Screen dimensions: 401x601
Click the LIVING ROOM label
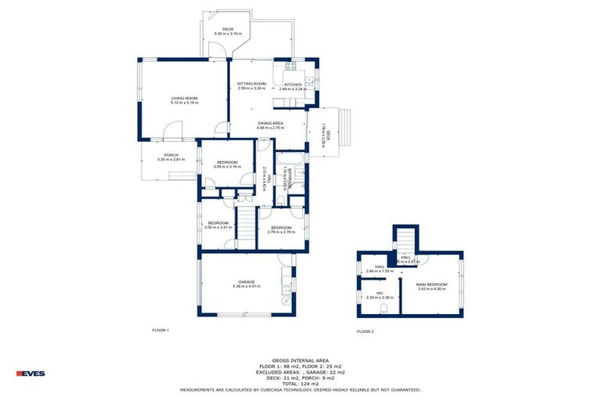185,98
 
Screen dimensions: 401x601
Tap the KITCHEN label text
293,84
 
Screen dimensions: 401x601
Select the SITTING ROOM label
252,83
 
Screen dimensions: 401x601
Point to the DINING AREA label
270,124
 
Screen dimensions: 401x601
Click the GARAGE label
247,282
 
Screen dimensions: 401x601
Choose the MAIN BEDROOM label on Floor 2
431,284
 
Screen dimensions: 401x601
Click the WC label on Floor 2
379,294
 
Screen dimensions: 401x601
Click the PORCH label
171,155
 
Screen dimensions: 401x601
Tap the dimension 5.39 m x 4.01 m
247,287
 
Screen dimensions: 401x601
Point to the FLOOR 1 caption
160,331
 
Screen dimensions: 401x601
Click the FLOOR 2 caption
365,332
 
